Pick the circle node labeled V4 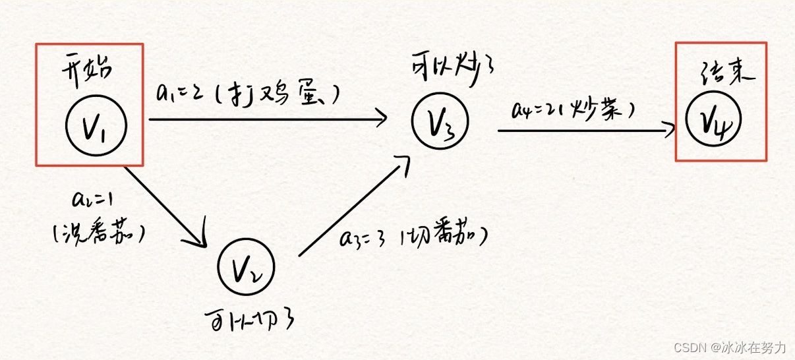coord(713,119)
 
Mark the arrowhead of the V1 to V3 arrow coord(381,119)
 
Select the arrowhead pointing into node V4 coord(671,129)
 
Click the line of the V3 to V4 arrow coord(580,131)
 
